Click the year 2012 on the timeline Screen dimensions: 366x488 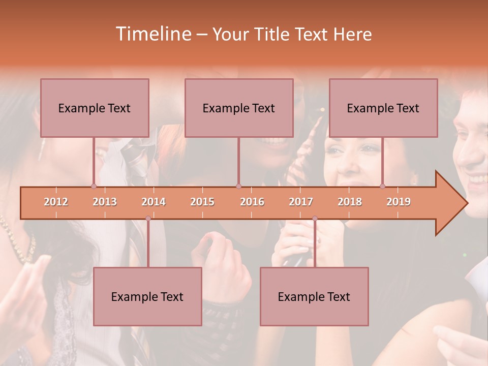pyautogui.click(x=56, y=202)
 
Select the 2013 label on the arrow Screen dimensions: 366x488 pyautogui.click(x=105, y=202)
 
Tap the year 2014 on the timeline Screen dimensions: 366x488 pyautogui.click(x=154, y=202)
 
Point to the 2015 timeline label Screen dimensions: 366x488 pyautogui.click(x=202, y=202)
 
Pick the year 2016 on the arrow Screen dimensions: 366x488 pyautogui.click(x=252, y=202)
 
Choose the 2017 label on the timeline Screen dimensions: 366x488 pyautogui.click(x=301, y=202)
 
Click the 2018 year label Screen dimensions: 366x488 pyautogui.click(x=350, y=202)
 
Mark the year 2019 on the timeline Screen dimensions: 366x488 pyautogui.click(x=399, y=202)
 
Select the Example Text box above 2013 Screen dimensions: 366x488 pyautogui.click(x=95, y=108)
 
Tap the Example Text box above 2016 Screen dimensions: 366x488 pyautogui.click(x=239, y=108)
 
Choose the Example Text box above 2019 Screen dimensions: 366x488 pyautogui.click(x=383, y=108)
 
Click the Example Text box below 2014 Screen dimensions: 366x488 pyautogui.click(x=147, y=296)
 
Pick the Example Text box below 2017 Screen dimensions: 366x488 pyautogui.click(x=314, y=296)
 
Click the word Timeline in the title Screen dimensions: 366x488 pyautogui.click(x=152, y=34)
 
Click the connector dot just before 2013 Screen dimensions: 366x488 pyautogui.click(x=94, y=186)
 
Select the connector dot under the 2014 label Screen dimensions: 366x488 pyautogui.click(x=148, y=219)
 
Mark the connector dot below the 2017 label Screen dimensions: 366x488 pyautogui.click(x=315, y=219)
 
